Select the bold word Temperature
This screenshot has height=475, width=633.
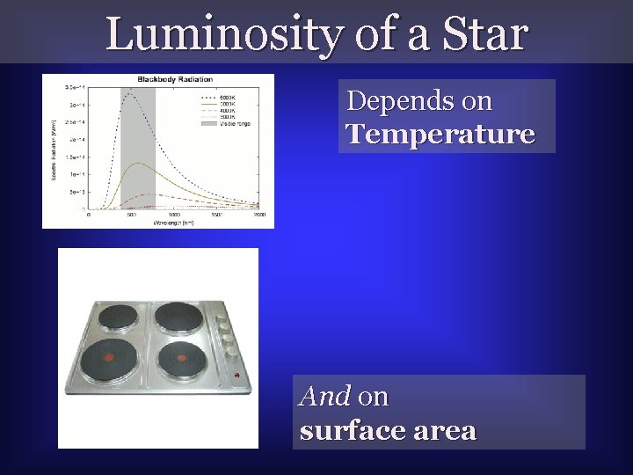click(x=440, y=134)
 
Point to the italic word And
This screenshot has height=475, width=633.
click(x=326, y=397)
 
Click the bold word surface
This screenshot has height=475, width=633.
click(x=351, y=431)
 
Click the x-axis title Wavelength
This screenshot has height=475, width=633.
click(x=173, y=223)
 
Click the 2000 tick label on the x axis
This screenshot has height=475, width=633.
click(x=260, y=215)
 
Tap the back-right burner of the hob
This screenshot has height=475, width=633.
click(x=178, y=317)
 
